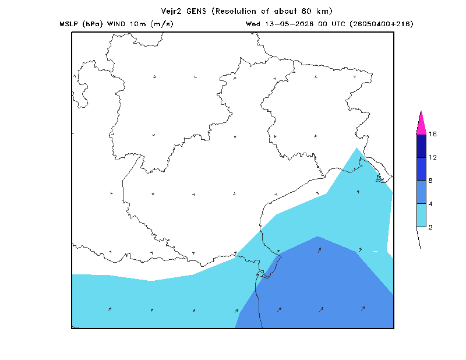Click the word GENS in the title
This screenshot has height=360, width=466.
click(x=196, y=11)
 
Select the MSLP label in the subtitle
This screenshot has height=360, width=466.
click(x=69, y=24)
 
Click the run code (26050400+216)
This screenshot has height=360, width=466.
click(x=382, y=24)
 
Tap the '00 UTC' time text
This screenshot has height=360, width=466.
click(x=331, y=24)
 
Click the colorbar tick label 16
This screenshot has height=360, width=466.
click(x=433, y=134)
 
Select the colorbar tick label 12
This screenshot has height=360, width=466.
click(x=433, y=157)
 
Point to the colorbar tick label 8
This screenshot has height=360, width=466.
click(x=430, y=181)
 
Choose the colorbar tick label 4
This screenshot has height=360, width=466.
click(x=430, y=204)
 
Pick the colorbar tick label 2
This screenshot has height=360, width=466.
click(x=430, y=227)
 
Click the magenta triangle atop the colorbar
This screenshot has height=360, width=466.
click(x=421, y=125)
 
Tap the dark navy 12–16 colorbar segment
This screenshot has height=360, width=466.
click(x=421, y=146)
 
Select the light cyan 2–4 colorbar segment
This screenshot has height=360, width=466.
click(x=421, y=215)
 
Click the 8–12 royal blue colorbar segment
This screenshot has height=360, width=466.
click(x=421, y=169)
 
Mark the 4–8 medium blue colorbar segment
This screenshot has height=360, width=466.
click(x=421, y=192)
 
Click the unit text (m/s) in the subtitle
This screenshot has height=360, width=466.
click(x=162, y=24)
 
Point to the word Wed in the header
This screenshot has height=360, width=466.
click(x=253, y=24)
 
